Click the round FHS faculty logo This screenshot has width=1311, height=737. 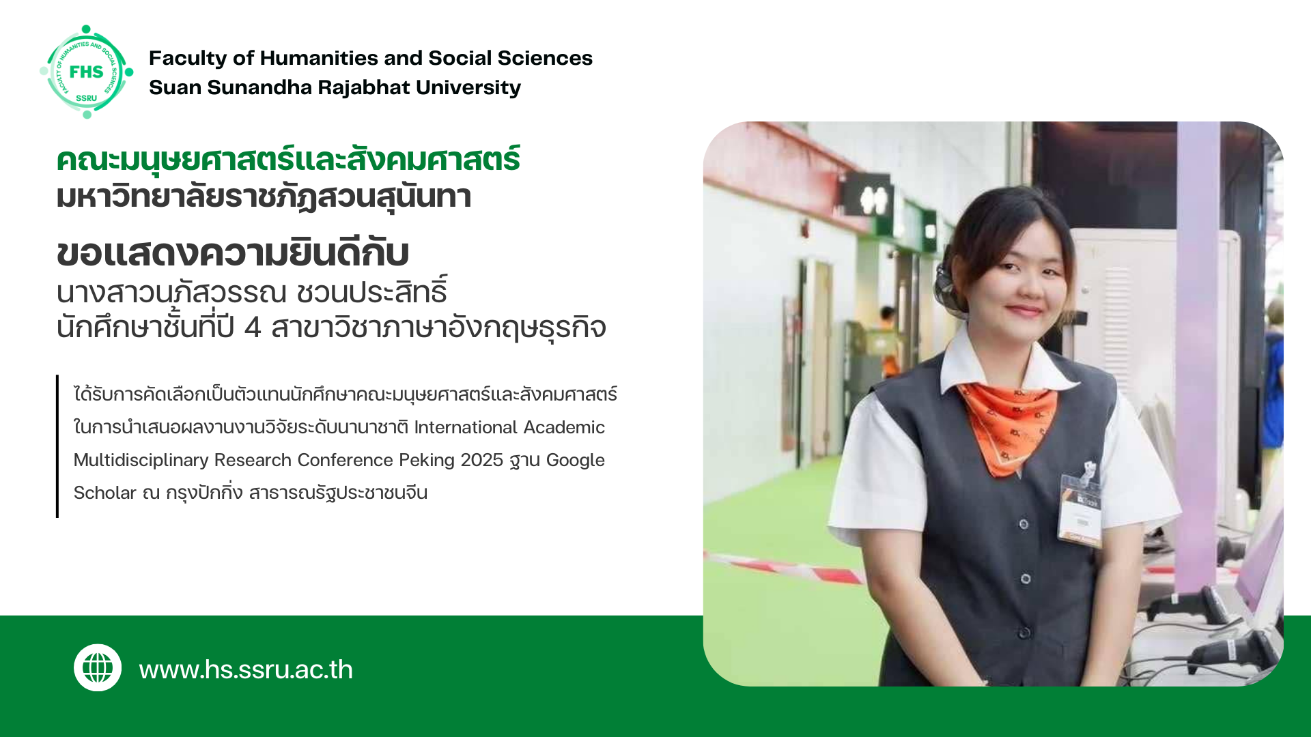tap(87, 72)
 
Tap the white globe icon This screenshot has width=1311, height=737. tap(98, 667)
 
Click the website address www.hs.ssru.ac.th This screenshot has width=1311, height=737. tap(246, 669)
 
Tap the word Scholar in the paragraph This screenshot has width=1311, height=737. tap(105, 493)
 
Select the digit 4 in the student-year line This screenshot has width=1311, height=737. tap(253, 328)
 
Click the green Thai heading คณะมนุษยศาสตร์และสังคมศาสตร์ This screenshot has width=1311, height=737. tap(288, 160)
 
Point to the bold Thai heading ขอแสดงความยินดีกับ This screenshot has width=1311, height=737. tap(233, 253)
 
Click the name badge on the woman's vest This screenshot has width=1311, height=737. tap(1080, 506)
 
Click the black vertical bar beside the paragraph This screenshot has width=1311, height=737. tap(57, 446)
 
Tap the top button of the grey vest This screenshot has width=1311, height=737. tap(1024, 524)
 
